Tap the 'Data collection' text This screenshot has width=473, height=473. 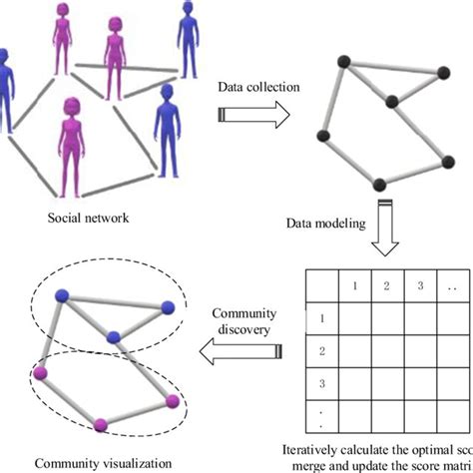click(x=258, y=88)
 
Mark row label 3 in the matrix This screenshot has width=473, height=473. click(x=320, y=383)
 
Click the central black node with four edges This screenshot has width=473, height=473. click(x=392, y=101)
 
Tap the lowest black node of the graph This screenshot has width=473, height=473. click(x=378, y=184)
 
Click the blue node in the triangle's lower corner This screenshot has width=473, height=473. click(x=115, y=335)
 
